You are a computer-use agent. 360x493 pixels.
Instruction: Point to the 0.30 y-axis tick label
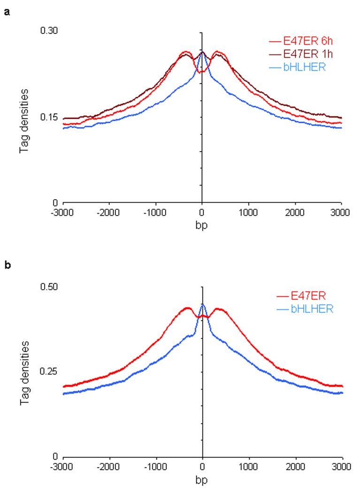(49, 31)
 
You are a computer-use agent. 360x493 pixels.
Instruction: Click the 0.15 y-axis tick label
(49, 117)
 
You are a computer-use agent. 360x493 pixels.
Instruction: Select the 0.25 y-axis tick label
(49, 371)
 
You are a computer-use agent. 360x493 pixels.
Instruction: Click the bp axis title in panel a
(202, 224)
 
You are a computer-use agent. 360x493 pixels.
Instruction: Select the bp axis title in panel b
(202, 480)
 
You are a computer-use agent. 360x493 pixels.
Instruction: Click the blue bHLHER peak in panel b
(202, 305)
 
